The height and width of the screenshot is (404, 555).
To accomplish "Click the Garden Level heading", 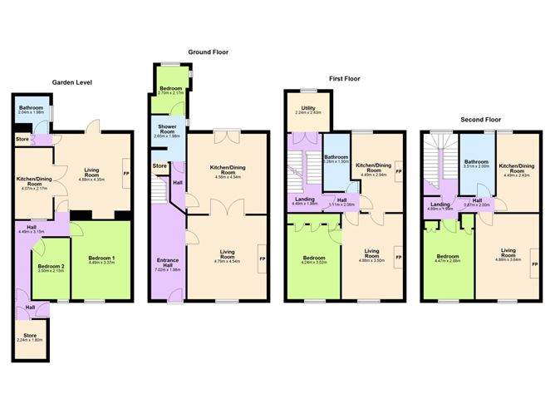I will [x=71, y=83].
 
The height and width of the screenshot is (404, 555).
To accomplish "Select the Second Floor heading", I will [x=481, y=119].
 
